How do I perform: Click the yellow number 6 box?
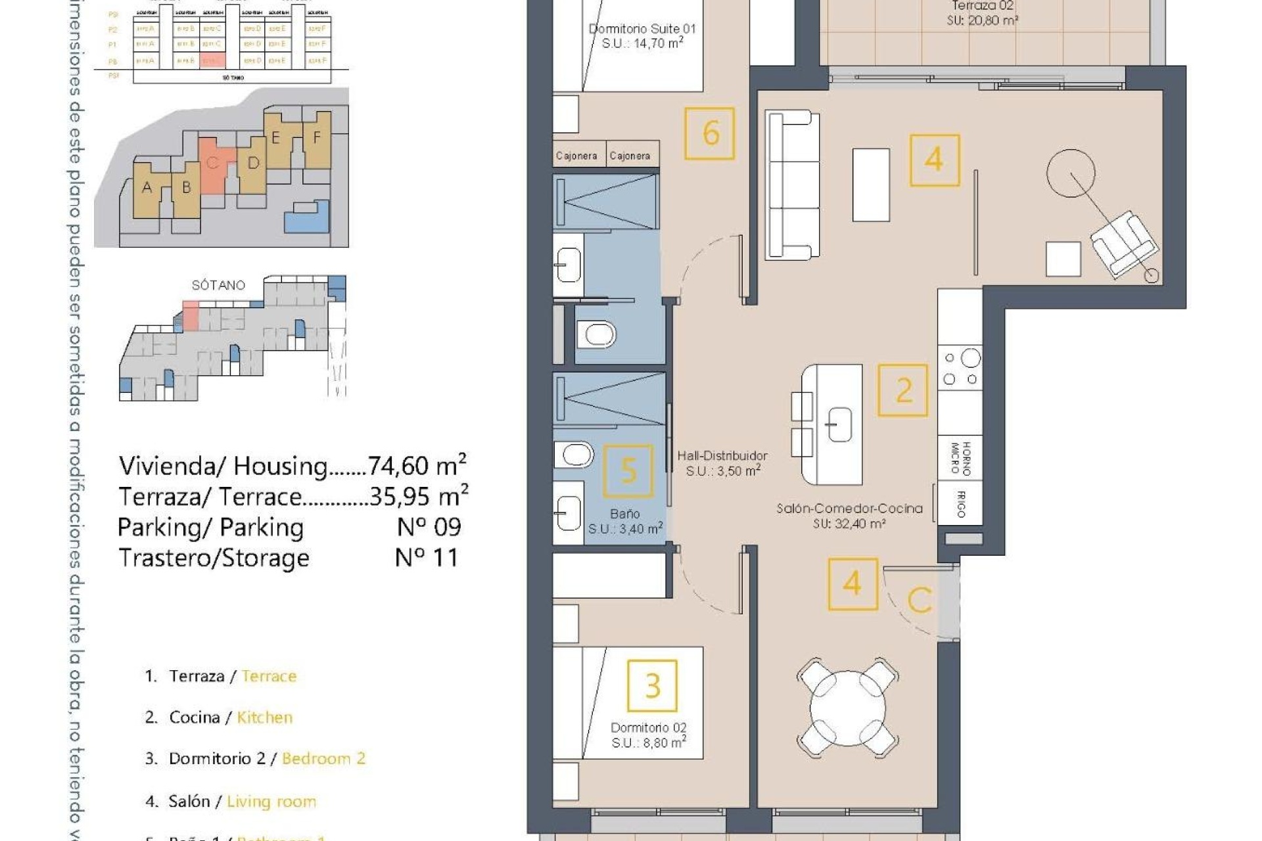(x=709, y=133)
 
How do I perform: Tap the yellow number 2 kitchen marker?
(x=903, y=391)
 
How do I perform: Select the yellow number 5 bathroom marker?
(x=628, y=470)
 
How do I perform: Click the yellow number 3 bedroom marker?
(x=652, y=686)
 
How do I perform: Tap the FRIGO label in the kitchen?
(x=960, y=504)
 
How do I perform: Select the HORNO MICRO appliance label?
(x=960, y=458)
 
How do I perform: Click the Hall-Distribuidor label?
(x=722, y=456)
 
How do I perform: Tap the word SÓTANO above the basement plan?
(x=218, y=285)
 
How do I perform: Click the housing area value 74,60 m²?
(x=417, y=465)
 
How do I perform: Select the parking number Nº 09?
(x=429, y=527)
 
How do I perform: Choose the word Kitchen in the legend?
(x=264, y=717)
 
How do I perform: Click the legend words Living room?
(x=271, y=802)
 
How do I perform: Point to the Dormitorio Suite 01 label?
(x=642, y=29)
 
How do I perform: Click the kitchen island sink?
(x=839, y=424)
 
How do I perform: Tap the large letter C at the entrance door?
(x=920, y=600)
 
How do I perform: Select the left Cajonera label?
(x=576, y=156)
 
